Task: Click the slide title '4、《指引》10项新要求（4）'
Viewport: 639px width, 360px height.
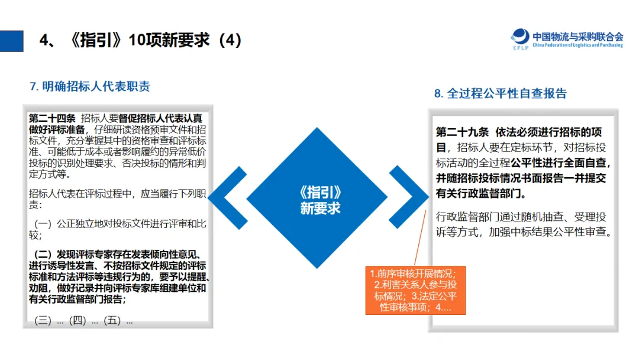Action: tap(141, 40)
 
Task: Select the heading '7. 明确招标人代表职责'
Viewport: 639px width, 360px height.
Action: tap(90, 86)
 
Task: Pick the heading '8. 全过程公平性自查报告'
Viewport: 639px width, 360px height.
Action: tap(501, 94)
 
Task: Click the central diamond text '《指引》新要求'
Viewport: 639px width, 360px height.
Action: tap(320, 200)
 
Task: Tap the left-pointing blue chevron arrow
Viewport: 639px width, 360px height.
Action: tap(228, 198)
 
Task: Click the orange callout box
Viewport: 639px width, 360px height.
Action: tap(416, 290)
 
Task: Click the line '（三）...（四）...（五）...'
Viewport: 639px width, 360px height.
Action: tap(83, 321)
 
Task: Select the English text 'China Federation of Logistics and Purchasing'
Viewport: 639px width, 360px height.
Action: tap(577, 45)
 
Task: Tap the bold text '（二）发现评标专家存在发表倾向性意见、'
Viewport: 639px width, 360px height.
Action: tap(119, 254)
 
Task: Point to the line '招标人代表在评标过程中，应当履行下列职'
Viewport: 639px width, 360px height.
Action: tap(117, 194)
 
